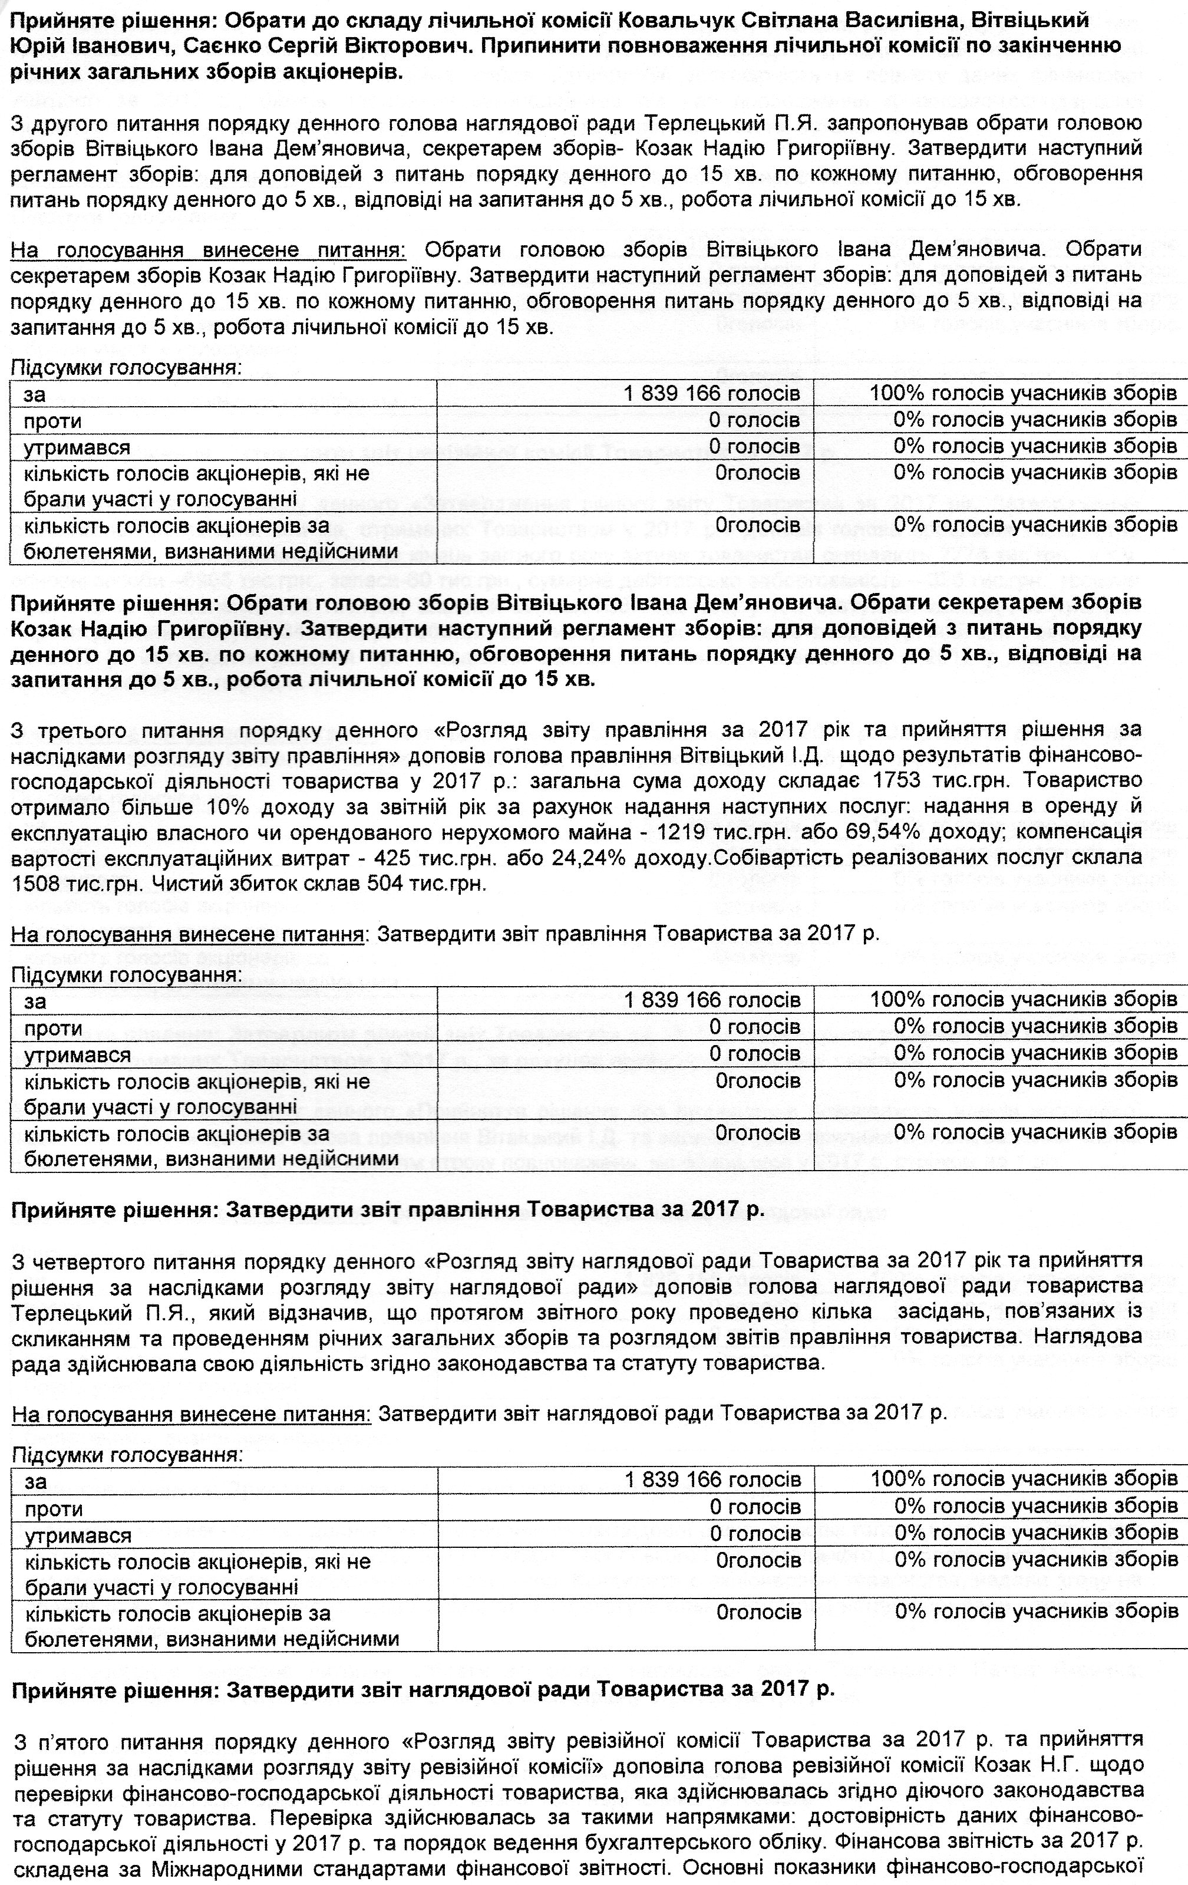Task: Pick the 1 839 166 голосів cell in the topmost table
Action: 711,394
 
